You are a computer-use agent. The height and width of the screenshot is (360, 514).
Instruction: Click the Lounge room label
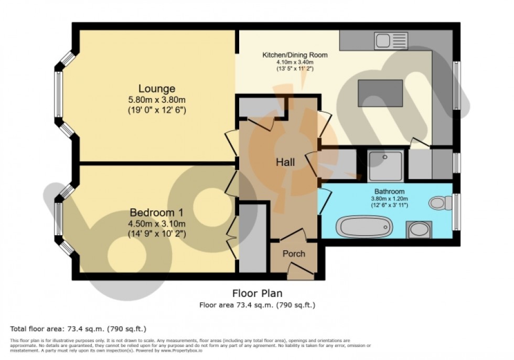coord(156,88)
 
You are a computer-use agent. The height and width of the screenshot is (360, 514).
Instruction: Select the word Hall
coord(285,162)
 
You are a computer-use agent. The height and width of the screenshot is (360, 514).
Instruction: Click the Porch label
coord(294,253)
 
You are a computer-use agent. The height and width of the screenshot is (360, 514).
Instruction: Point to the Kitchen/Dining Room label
coord(295,55)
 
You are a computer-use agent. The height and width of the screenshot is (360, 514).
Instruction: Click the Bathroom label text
coord(389,191)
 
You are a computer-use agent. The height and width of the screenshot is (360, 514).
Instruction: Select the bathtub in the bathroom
coord(364,227)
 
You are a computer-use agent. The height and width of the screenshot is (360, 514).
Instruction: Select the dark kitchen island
coord(380,93)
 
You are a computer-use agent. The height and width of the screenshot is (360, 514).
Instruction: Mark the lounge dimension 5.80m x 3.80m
coord(156,100)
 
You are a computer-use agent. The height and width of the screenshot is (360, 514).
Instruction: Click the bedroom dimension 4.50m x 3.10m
coord(156,224)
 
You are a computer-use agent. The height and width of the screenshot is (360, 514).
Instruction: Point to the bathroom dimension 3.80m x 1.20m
coord(389,198)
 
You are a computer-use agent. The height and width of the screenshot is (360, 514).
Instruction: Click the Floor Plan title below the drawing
coord(257,293)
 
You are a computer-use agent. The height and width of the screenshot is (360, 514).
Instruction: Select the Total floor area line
coord(78,329)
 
